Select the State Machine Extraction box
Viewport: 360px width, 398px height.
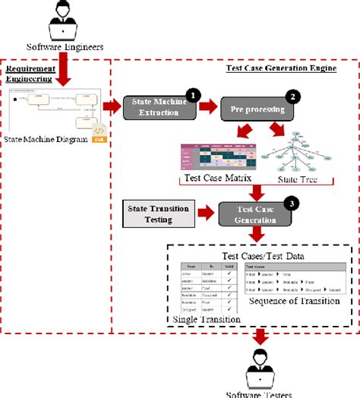coord(160,108)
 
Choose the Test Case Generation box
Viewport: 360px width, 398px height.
coord(251,214)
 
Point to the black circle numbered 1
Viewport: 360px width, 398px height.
coord(193,95)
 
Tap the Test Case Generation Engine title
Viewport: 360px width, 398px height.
coord(281,68)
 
